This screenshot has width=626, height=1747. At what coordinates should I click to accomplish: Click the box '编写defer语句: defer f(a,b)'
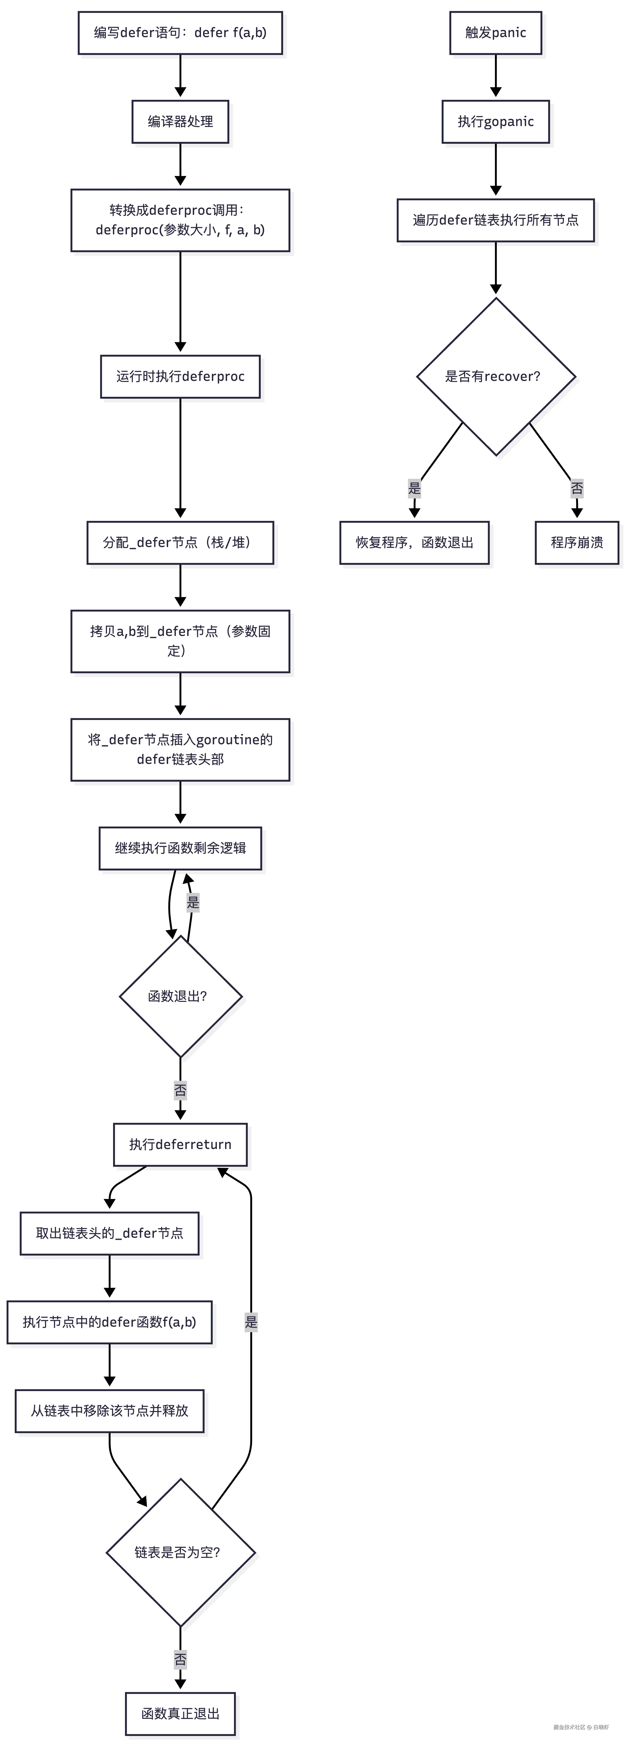pyautogui.click(x=180, y=33)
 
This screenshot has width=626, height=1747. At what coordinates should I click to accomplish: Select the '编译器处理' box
pyautogui.click(x=180, y=121)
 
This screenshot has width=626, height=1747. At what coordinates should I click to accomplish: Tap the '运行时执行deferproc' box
pyautogui.click(x=180, y=376)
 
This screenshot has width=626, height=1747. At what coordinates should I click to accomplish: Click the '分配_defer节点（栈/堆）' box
pyautogui.click(x=180, y=543)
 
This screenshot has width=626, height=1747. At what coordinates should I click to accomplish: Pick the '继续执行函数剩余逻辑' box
pyautogui.click(x=180, y=848)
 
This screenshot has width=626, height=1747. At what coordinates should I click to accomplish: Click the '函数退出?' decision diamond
pyautogui.click(x=180, y=996)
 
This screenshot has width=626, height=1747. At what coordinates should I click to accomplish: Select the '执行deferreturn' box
pyautogui.click(x=180, y=1144)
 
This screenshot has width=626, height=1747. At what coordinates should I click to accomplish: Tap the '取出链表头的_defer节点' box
pyautogui.click(x=109, y=1233)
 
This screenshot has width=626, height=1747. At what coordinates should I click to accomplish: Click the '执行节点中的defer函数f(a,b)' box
pyautogui.click(x=109, y=1322)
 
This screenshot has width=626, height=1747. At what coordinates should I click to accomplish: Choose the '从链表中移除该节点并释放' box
pyautogui.click(x=109, y=1411)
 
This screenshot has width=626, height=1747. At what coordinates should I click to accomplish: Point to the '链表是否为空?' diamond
pyautogui.click(x=180, y=1552)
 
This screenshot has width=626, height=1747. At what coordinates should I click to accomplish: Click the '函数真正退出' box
pyautogui.click(x=180, y=1714)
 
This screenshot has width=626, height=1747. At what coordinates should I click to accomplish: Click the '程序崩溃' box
pyautogui.click(x=577, y=543)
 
